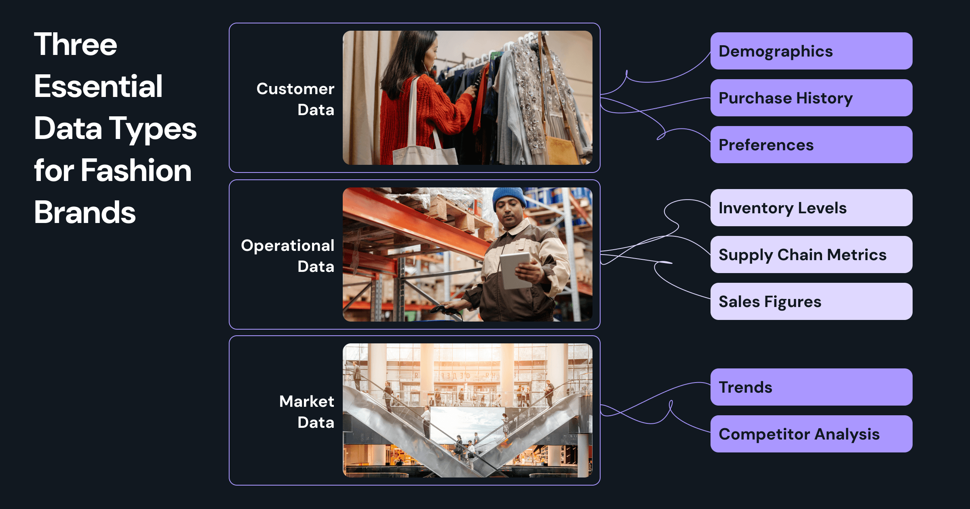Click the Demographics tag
[811, 51]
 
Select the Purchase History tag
[811, 98]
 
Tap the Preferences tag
[811, 145]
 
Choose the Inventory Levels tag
[811, 208]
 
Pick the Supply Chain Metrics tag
[811, 254]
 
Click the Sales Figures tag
[811, 301]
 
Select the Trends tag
[811, 387]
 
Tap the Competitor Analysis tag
[811, 434]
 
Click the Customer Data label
[295, 99]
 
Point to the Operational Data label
[288, 256]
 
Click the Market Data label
[307, 412]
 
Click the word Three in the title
[76, 44]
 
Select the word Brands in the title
[85, 212]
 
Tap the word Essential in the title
[98, 86]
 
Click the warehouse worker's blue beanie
[509, 196]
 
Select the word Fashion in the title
[136, 170]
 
